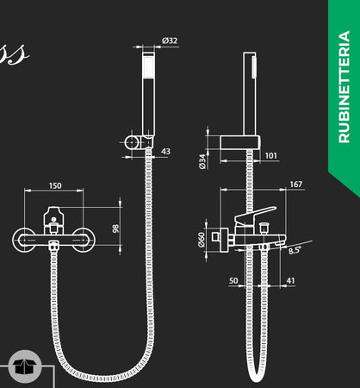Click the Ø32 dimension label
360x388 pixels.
(x=170, y=41)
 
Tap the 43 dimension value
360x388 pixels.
(x=165, y=152)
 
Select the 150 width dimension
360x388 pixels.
(x=55, y=185)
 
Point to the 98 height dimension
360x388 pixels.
(x=114, y=228)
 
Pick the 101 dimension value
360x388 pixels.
(x=270, y=156)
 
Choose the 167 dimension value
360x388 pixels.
(x=295, y=185)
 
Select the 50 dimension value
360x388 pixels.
(x=233, y=280)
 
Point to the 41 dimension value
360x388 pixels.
(x=290, y=280)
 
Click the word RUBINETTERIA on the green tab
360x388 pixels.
(x=344, y=86)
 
